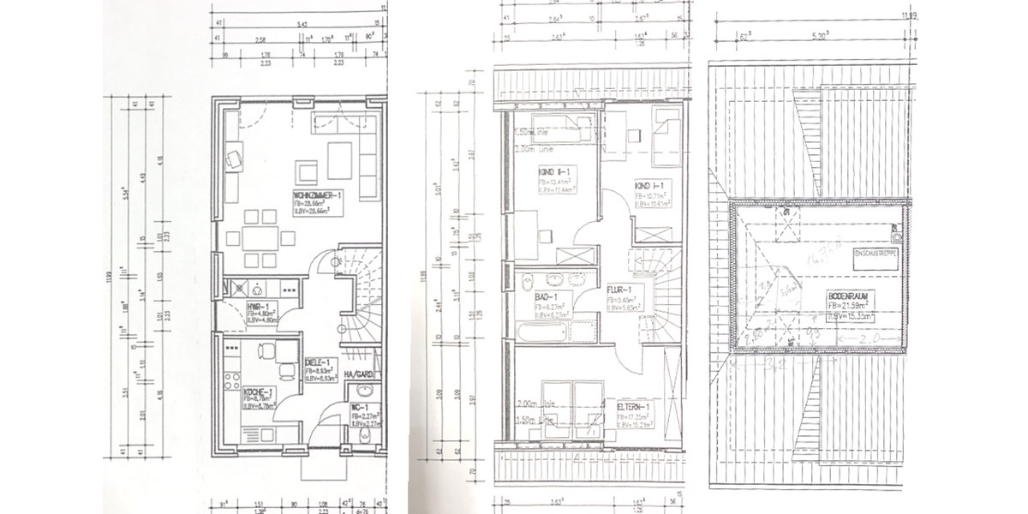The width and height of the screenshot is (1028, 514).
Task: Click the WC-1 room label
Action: point(359,407)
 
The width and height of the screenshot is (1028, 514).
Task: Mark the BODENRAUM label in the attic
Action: point(847,296)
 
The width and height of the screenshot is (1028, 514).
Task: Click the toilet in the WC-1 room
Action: point(360,438)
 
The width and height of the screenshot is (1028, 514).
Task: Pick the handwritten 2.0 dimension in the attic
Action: point(873,340)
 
